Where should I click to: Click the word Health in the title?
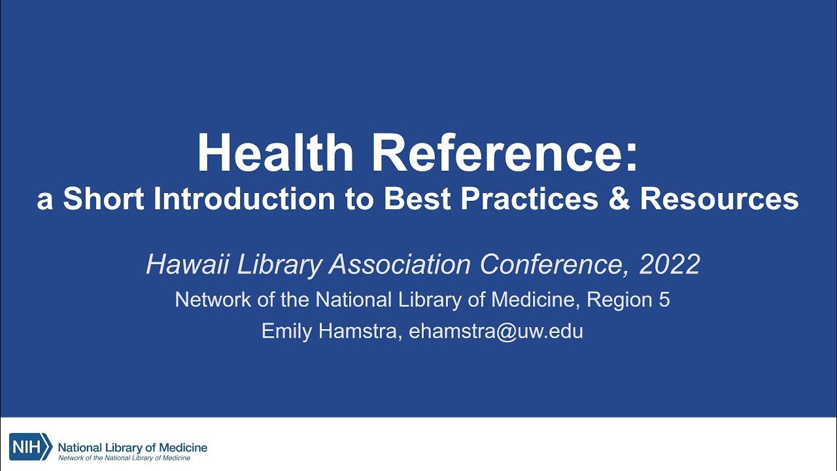click(275, 154)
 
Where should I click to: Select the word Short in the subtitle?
click(104, 200)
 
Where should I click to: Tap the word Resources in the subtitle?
click(719, 200)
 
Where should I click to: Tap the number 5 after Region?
click(664, 300)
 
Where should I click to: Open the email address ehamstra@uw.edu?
click(496, 331)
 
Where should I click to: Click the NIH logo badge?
click(31, 447)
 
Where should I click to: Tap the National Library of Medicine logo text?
click(133, 447)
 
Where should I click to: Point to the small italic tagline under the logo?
click(124, 458)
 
